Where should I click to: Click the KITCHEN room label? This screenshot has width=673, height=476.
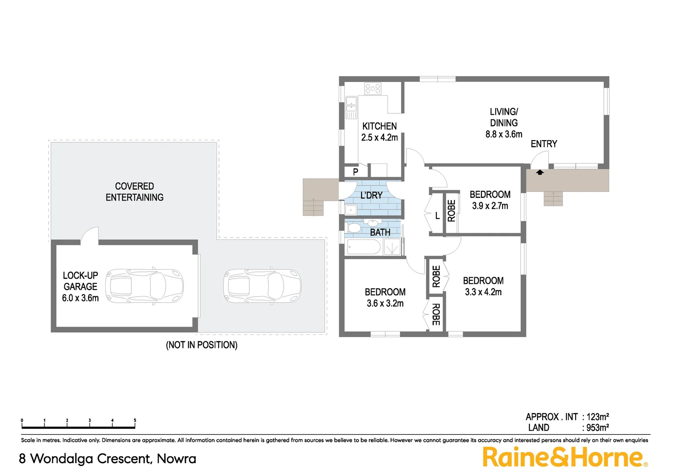coord(379,126)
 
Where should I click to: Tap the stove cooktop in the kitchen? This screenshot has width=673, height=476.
coord(373,89)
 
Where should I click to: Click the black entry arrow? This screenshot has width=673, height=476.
coord(540,172)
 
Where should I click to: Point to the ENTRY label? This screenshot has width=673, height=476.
coord(544,144)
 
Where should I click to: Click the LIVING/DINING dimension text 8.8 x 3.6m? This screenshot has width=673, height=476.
coord(504,134)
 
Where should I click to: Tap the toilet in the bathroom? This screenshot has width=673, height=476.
coord(353,228)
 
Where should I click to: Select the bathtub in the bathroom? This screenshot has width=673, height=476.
coord(363,247)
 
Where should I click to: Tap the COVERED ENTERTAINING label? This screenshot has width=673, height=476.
coord(134,192)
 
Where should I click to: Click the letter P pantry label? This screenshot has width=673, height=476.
coord(355,172)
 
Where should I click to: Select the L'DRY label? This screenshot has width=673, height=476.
coord(371,195)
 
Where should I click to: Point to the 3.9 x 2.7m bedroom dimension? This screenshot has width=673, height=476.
coord(490,206)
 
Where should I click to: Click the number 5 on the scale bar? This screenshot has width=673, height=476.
coord(135,420)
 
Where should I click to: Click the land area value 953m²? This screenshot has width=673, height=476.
coord(597,428)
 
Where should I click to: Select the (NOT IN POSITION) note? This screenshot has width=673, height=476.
coord(202,345)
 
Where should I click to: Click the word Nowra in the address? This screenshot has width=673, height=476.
coord(176,459)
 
